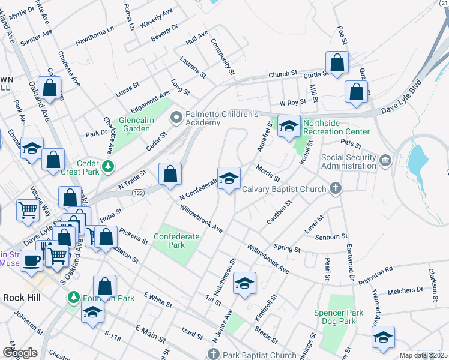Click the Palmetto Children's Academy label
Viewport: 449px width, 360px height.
pos(221,118)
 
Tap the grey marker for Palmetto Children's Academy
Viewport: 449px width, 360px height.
pos(176,117)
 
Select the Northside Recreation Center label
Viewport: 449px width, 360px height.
pos(336,127)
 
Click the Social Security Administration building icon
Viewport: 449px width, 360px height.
pos(385,160)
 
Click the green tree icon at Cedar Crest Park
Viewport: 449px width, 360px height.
pos(107,166)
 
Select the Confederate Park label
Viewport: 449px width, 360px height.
pos(176,241)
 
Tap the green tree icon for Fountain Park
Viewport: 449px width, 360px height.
pos(74,297)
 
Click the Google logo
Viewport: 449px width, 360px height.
pos(20,353)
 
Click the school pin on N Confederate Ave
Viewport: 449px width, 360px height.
pos(228,179)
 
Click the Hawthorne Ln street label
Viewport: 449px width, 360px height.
pos(95,37)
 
